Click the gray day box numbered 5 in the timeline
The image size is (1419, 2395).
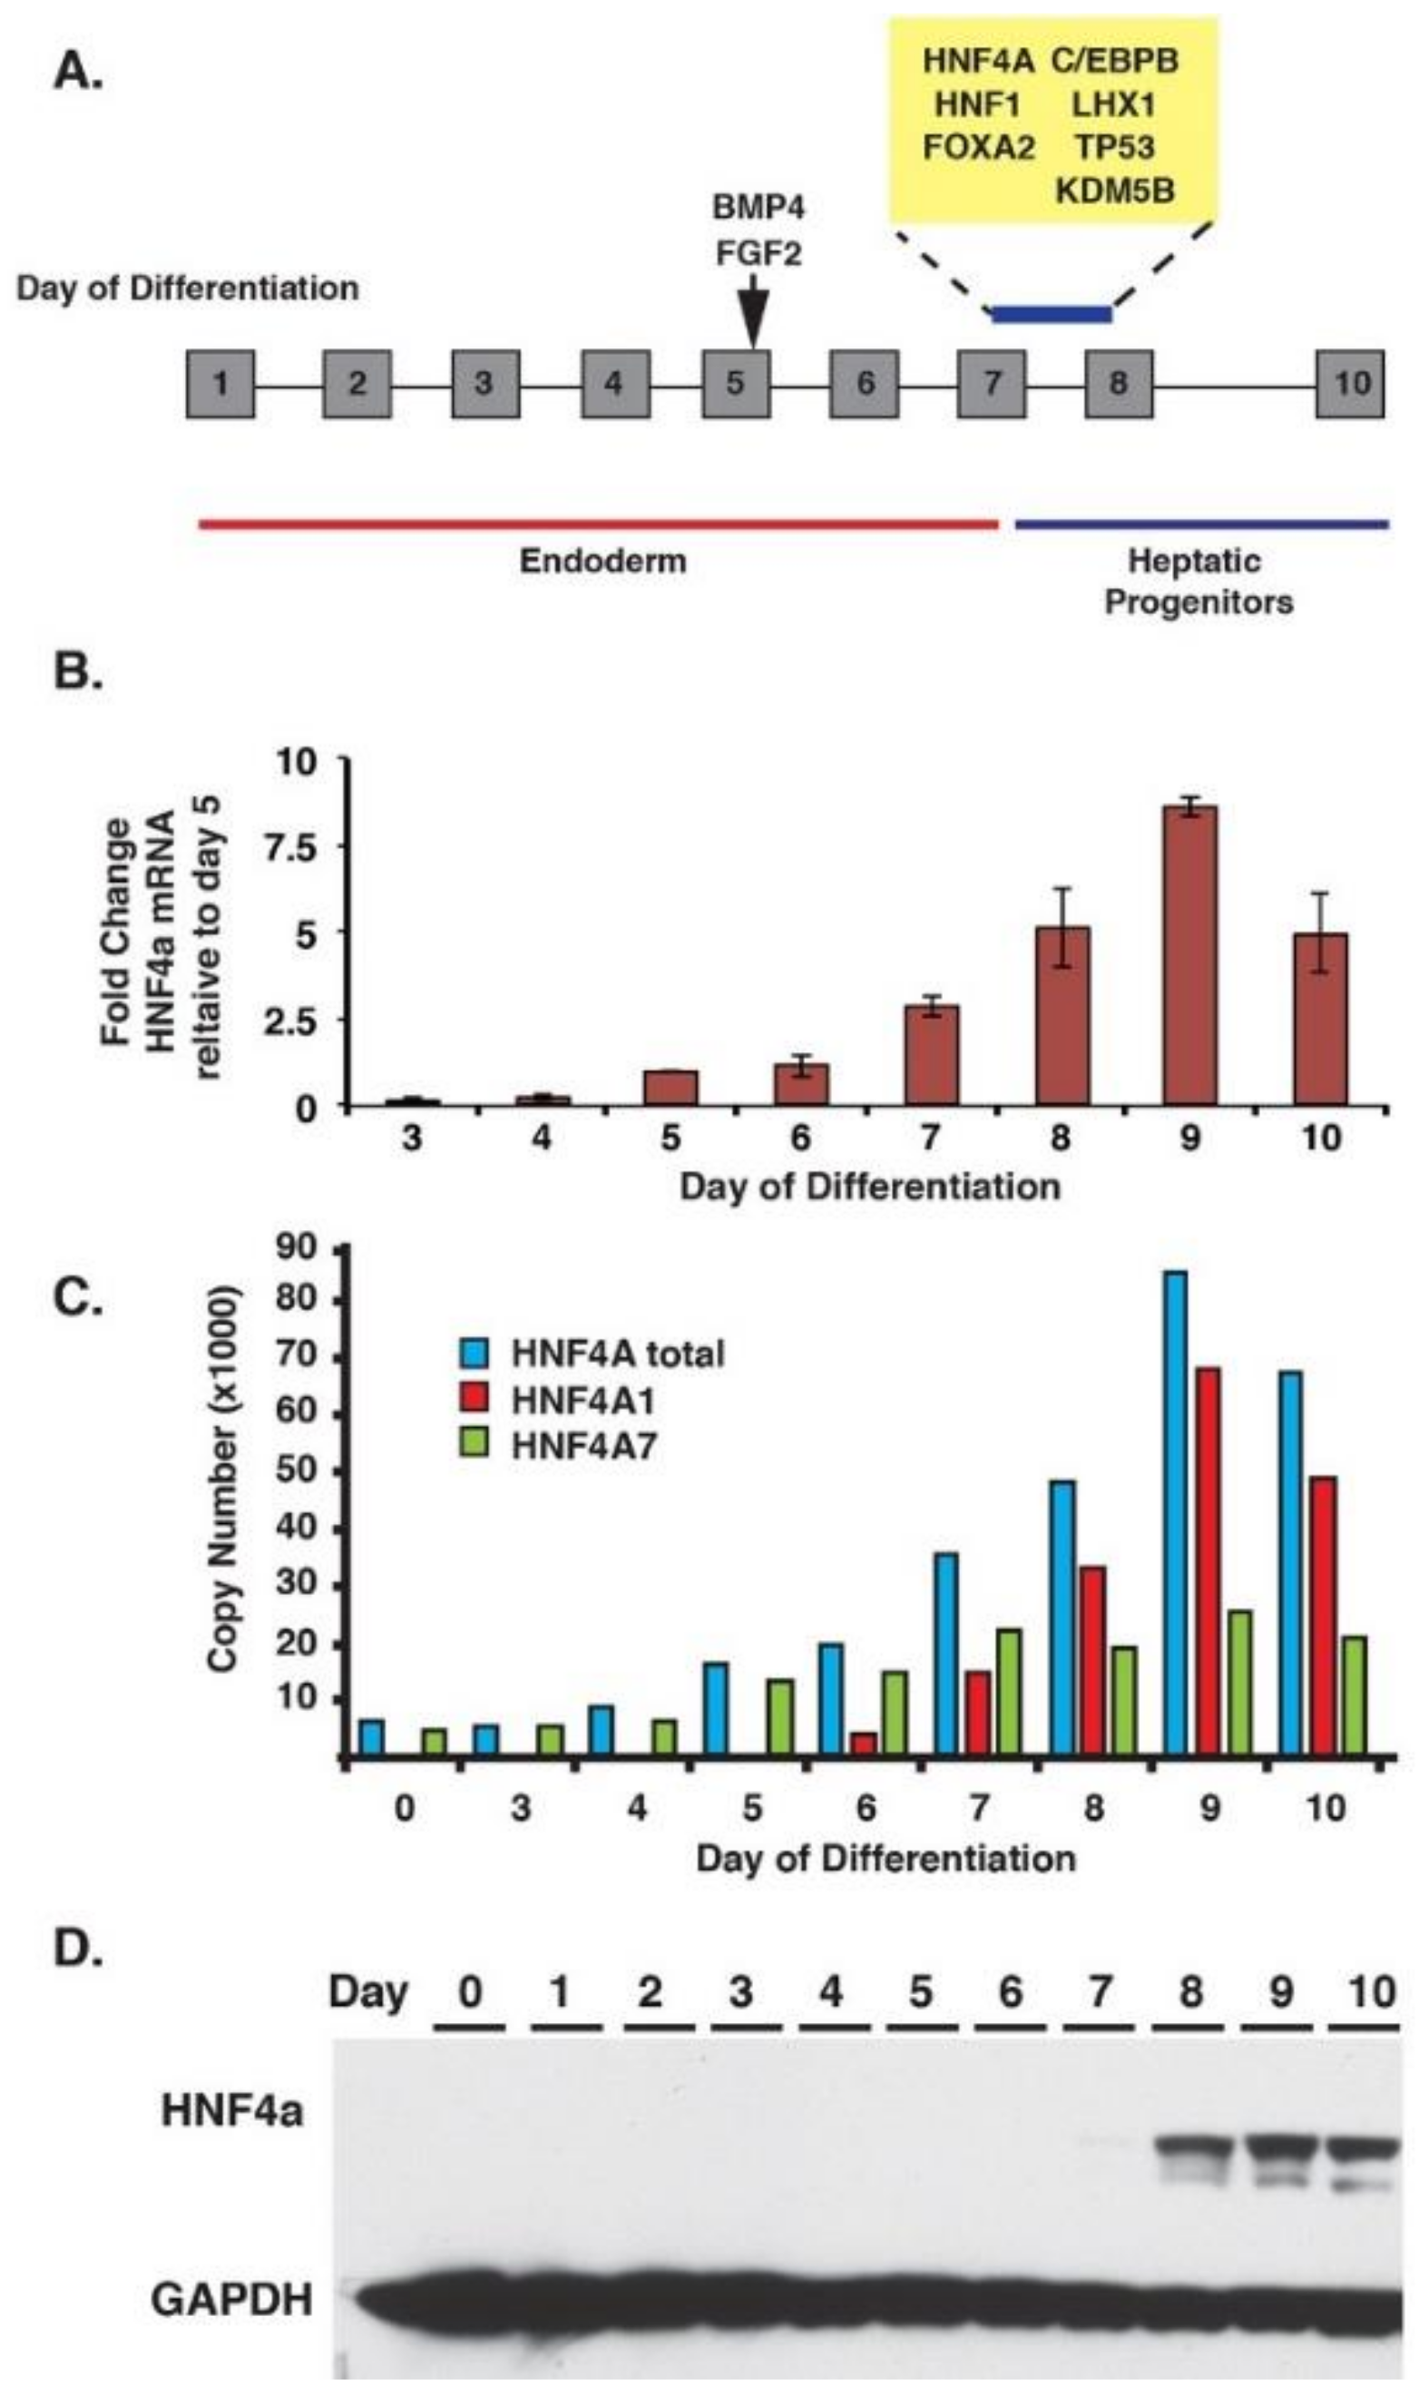735,384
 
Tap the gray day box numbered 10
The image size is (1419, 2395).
1349,384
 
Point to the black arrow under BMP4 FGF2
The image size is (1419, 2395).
753,316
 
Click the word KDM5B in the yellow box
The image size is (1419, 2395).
1114,191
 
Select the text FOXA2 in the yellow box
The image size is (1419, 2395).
977,147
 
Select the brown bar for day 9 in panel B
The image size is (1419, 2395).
1189,956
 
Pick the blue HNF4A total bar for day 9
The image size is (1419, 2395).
1174,1515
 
